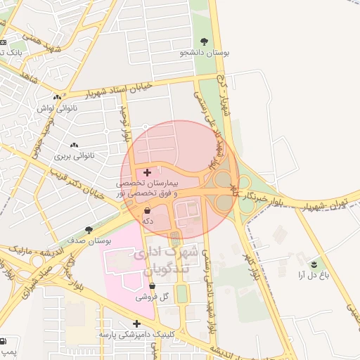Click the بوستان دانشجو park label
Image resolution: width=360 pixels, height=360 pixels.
[x=205, y=52]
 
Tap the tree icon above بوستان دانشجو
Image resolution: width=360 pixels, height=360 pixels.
[x=205, y=41]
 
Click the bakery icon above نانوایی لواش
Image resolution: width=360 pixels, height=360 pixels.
[x=57, y=98]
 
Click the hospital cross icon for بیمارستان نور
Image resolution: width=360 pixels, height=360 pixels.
[x=147, y=172]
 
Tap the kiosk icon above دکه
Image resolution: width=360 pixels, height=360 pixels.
[x=147, y=210]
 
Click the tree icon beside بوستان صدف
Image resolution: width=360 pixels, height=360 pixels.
[x=88, y=229]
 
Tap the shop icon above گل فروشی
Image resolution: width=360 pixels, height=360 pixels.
[x=153, y=286]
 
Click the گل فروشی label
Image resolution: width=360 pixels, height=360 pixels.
[x=154, y=297]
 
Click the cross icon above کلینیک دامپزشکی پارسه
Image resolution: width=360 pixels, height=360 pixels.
[x=136, y=323]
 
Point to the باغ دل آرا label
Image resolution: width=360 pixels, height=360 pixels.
[x=314, y=275]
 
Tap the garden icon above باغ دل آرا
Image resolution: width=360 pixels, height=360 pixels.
[x=314, y=264]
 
